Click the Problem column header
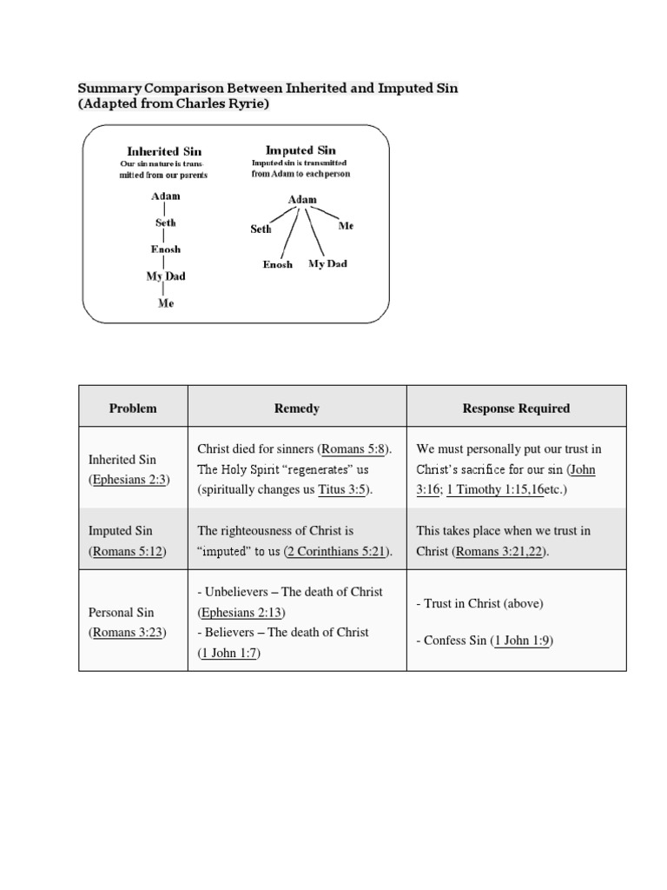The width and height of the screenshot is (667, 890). (x=133, y=408)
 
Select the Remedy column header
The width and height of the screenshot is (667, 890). (x=297, y=408)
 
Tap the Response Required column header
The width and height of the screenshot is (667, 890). (x=516, y=408)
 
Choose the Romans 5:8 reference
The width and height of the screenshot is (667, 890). (x=354, y=449)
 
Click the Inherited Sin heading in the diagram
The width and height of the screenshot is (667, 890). (x=164, y=151)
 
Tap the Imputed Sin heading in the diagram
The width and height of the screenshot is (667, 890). (x=300, y=150)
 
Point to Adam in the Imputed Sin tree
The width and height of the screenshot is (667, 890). (x=301, y=200)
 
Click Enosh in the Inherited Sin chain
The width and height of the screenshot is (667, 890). (x=165, y=249)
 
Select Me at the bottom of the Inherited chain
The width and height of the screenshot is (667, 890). (x=165, y=304)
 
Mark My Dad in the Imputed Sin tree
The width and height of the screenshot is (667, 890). (x=327, y=264)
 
